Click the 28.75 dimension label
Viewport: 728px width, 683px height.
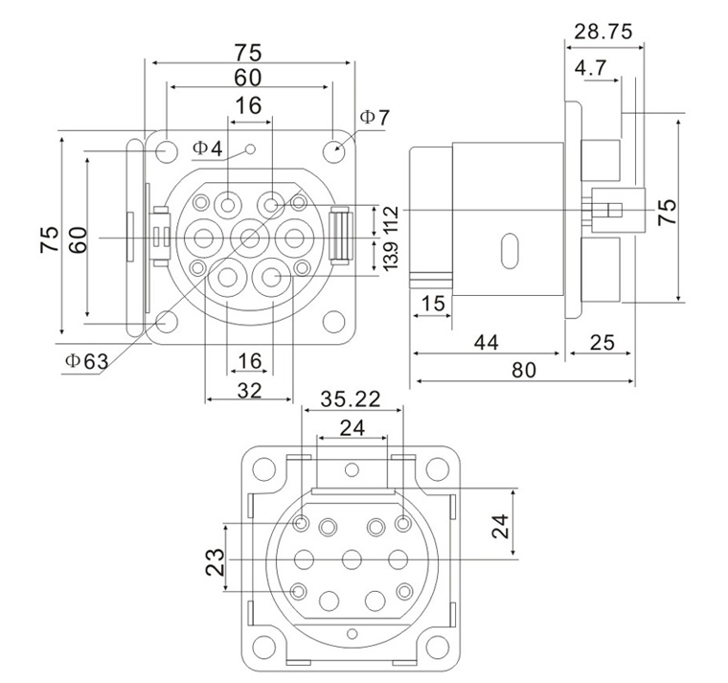point(603,32)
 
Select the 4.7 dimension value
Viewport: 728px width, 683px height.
point(590,69)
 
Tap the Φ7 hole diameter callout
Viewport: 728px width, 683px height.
point(375,118)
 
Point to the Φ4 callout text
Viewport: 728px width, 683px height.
point(206,148)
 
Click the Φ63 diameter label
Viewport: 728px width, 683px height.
point(86,361)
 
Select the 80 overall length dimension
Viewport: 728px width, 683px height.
point(523,370)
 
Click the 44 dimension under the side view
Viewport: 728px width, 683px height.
point(487,341)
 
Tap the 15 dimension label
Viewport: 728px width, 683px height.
point(433,304)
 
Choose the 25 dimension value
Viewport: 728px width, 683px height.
point(601,341)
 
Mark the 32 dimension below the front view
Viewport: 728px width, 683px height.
point(249,390)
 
